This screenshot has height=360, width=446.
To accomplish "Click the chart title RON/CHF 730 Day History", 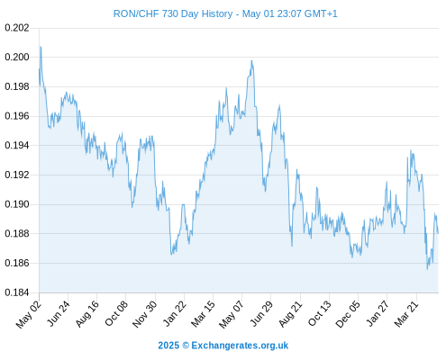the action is click(173, 13).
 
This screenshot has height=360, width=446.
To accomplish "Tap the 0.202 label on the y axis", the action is click(17, 28).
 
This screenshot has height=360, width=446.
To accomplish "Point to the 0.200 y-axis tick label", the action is click(17, 57).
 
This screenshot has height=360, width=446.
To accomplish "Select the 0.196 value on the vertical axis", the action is click(17, 116).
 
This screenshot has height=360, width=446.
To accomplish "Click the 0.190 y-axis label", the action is click(17, 204).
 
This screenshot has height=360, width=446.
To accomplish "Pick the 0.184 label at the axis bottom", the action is click(17, 292).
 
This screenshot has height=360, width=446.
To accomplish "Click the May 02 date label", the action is click(28, 314).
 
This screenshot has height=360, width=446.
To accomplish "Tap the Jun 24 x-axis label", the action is click(59, 313).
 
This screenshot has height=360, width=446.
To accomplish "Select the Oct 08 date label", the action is click(116, 313).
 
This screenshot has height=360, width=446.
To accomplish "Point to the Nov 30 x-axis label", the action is click(144, 314).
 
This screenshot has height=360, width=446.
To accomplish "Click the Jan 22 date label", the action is click(174, 313).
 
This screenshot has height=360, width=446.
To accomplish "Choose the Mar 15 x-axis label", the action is click(203, 314).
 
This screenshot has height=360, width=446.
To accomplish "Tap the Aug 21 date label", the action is click(290, 314).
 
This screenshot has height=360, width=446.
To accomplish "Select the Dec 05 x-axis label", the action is click(348, 314).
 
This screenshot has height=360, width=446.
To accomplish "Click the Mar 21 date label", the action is click(406, 314).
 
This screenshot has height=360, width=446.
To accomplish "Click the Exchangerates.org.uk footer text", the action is click(240, 346).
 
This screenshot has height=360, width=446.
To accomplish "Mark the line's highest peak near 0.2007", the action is click(41, 47).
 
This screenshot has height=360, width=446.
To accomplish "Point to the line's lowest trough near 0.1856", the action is click(427, 269).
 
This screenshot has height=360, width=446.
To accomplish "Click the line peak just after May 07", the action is click(251, 61).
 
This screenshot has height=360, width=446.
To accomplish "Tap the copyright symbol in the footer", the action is click(186, 346).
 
